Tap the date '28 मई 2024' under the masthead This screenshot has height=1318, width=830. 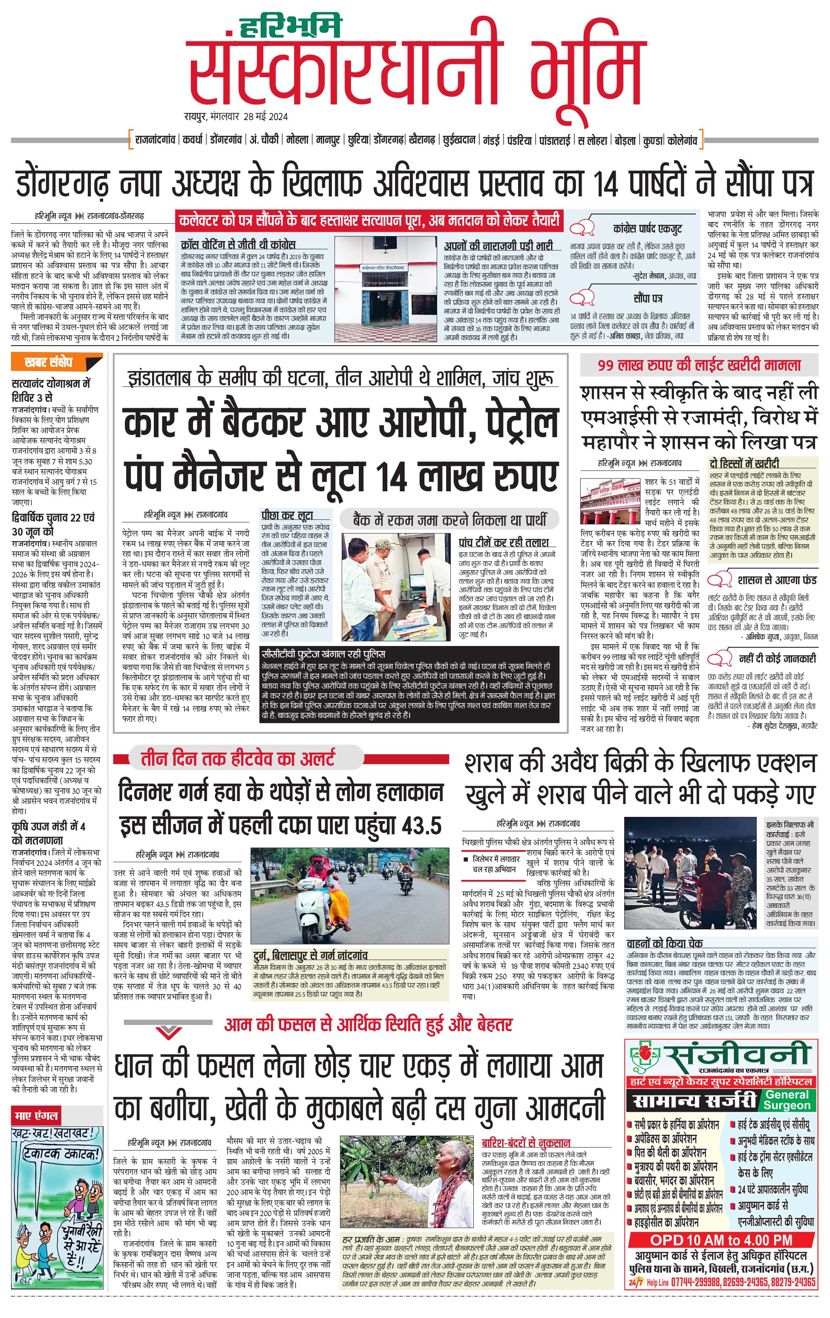266,117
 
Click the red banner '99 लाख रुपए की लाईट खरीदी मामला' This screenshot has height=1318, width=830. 699,365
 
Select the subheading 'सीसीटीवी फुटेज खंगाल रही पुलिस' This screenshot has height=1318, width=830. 323,654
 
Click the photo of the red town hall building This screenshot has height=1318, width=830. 611,501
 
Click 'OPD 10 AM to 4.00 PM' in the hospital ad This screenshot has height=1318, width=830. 720,1239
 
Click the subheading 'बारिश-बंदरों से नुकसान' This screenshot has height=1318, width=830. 525,1143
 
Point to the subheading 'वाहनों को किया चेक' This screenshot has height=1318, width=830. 664,943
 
